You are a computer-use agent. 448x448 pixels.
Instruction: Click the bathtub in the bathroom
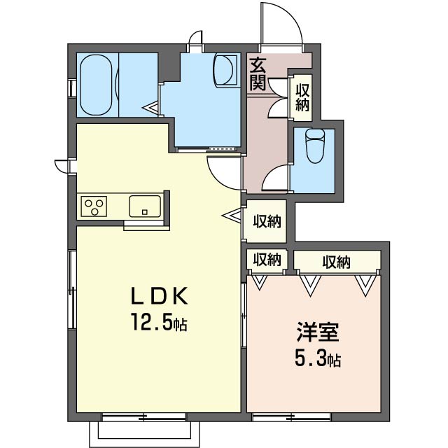click(96, 85)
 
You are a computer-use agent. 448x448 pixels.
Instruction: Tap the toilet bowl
click(315, 146)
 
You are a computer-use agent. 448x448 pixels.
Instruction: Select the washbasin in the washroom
click(225, 70)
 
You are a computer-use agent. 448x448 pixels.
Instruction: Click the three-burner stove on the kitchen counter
click(94, 206)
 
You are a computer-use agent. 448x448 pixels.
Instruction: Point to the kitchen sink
click(145, 206)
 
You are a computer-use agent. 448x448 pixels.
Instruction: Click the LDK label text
click(159, 296)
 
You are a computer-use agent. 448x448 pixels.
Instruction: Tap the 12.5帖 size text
click(159, 322)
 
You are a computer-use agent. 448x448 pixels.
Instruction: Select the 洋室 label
click(318, 332)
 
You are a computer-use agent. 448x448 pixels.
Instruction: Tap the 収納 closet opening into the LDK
click(267, 221)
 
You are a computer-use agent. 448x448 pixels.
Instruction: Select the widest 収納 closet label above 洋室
click(337, 262)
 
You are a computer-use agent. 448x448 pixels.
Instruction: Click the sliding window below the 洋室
click(291, 417)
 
